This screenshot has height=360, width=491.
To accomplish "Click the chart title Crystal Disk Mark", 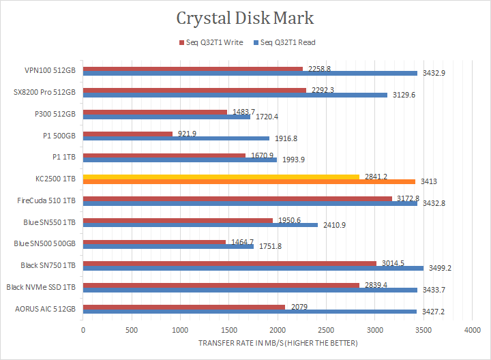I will (x=245, y=18).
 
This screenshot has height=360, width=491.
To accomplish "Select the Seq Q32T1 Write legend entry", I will (x=215, y=42).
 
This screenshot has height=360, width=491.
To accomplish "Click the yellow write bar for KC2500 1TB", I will (x=221, y=177).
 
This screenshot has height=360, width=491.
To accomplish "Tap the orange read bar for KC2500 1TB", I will (x=249, y=182).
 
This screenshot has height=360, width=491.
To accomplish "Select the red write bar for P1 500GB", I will (x=128, y=134).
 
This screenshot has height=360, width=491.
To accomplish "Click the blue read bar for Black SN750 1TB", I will (x=253, y=268).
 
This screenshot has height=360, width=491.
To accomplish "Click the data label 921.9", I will (x=187, y=134).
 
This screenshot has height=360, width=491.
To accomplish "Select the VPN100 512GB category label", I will (x=51, y=70).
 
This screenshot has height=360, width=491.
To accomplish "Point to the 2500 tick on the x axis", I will (x=326, y=330).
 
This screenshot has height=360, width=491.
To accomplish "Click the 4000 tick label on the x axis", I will (x=472, y=330).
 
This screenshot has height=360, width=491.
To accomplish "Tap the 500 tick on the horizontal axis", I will (x=132, y=330).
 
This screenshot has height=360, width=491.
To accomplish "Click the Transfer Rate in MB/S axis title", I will (x=278, y=342).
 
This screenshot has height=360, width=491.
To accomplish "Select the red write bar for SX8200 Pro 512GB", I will (x=194, y=90).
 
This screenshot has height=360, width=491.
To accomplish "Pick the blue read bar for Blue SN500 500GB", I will (x=168, y=246).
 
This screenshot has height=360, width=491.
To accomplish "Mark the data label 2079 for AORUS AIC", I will (x=299, y=307).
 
